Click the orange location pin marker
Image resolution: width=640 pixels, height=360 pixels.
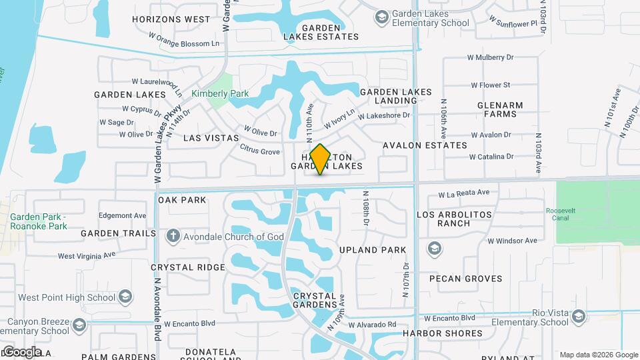click(320, 159)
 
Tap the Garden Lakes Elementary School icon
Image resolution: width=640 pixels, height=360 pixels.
click(382, 17)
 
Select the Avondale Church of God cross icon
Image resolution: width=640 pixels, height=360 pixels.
click(173, 236)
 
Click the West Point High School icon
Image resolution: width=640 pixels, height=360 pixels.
click(125, 297)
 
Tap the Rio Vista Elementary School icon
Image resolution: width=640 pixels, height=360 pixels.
click(578, 317)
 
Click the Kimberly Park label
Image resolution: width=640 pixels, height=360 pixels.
click(220, 94)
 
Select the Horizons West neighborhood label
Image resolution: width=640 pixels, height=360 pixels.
click(171, 19)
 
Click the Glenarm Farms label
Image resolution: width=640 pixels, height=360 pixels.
click(500, 109)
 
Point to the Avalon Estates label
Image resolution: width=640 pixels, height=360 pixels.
click(425, 145)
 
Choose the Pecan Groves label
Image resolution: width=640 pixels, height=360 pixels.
click(466, 279)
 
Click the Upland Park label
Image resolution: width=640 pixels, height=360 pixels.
click(372, 250)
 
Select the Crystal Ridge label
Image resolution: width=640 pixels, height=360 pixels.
click(188, 267)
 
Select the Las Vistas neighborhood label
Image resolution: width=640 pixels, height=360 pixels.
click(211, 137)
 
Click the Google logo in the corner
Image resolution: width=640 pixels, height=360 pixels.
click(22, 351)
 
